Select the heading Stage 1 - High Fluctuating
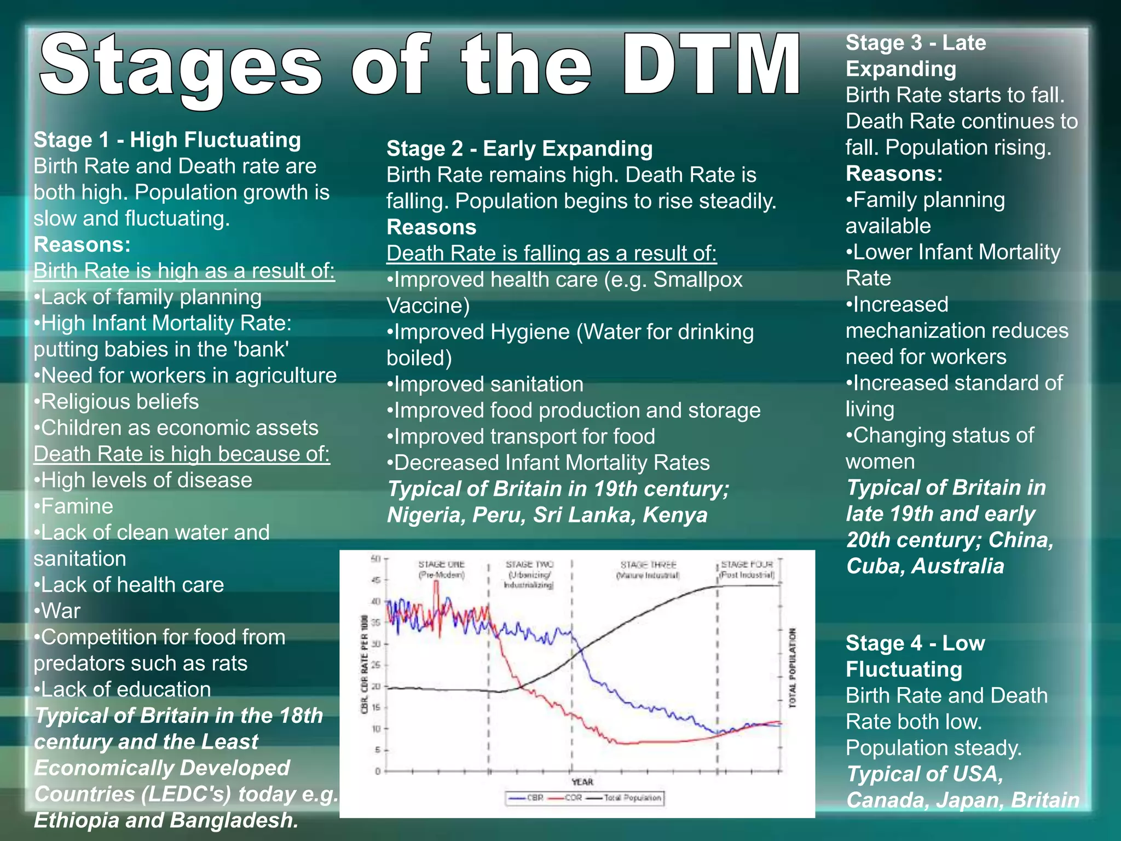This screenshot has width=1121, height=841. pyautogui.click(x=167, y=140)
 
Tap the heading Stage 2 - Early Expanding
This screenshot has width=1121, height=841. pyautogui.click(x=519, y=149)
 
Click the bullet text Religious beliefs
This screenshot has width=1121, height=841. pyautogui.click(x=119, y=402)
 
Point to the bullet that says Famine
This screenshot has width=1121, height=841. pyautogui.click(x=77, y=506)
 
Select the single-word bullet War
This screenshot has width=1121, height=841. pyautogui.click(x=60, y=611)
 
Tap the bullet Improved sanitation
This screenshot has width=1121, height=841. pyautogui.click(x=488, y=384)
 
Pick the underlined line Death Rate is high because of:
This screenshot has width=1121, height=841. pyautogui.click(x=182, y=454)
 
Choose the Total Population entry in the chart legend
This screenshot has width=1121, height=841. pyautogui.click(x=632, y=798)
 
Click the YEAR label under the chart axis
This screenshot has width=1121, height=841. pyautogui.click(x=582, y=782)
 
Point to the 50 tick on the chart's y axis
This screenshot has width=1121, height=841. pyautogui.click(x=375, y=558)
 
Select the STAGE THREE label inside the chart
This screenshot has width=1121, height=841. pyautogui.click(x=648, y=564)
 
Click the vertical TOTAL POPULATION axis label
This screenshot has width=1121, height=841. pyautogui.click(x=792, y=667)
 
